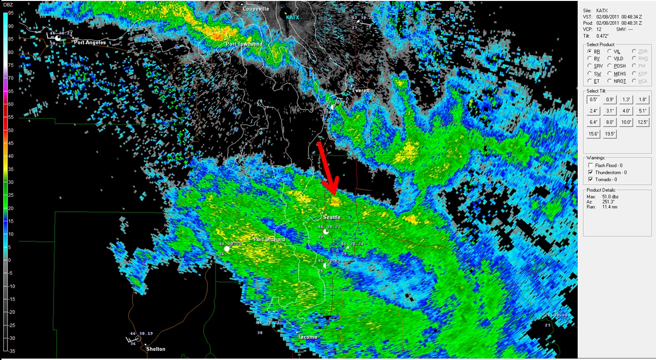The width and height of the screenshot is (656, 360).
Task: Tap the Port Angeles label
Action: [x=89, y=43]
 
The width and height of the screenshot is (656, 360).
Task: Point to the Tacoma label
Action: [x=307, y=337]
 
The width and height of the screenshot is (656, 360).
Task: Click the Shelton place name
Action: [x=155, y=349]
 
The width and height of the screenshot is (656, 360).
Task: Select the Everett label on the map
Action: [x=361, y=90]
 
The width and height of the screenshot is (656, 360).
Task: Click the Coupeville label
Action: [x=256, y=9]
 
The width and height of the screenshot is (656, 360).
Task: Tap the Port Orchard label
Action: [x=269, y=240]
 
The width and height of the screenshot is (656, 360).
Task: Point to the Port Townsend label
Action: [x=244, y=44]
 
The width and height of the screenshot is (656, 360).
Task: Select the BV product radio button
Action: [x=590, y=59]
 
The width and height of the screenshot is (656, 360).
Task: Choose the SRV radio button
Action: [x=590, y=66]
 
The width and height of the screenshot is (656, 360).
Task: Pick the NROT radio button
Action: [x=610, y=81]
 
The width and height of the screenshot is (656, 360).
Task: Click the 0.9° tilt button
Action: [x=610, y=99]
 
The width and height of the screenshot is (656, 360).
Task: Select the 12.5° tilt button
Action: [x=642, y=122]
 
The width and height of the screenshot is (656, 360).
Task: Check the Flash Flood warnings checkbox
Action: [x=590, y=165]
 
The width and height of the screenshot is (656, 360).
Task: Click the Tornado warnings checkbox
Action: [x=590, y=179]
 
